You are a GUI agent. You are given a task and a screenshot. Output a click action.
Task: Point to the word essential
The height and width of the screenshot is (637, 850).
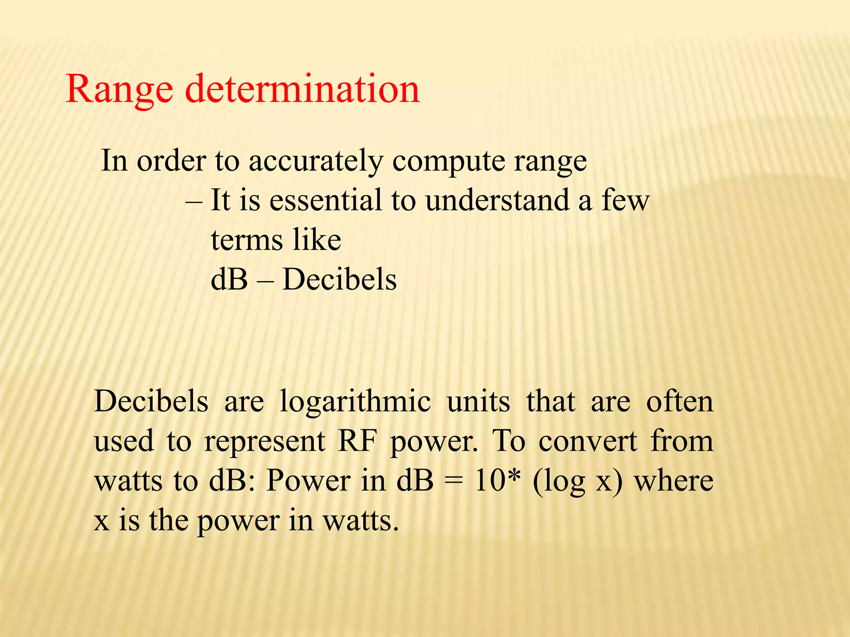[325, 200]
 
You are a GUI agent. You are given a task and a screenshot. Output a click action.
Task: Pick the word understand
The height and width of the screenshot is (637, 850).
[497, 200]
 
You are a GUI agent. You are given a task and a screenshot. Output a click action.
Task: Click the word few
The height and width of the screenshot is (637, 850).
[625, 200]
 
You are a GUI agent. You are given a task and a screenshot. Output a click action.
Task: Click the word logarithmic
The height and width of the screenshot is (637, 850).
[355, 402]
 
